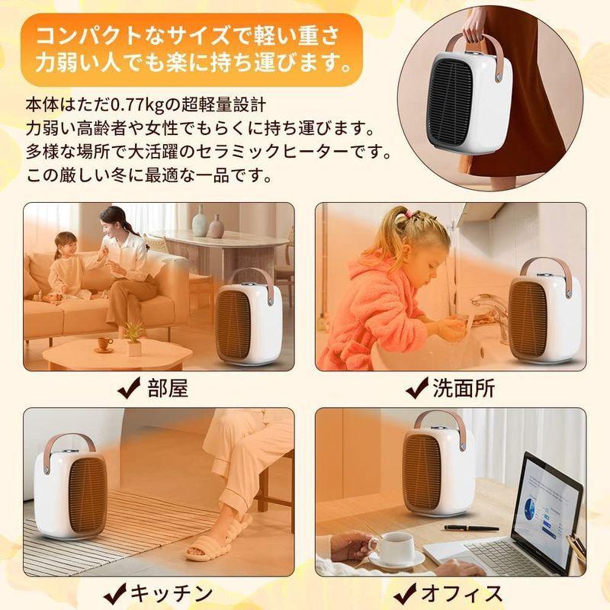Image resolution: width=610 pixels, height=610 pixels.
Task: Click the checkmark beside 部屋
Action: [130, 390]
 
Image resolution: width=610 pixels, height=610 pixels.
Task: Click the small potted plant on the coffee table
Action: [134, 339]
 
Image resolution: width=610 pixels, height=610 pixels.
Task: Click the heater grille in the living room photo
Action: [237, 325]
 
